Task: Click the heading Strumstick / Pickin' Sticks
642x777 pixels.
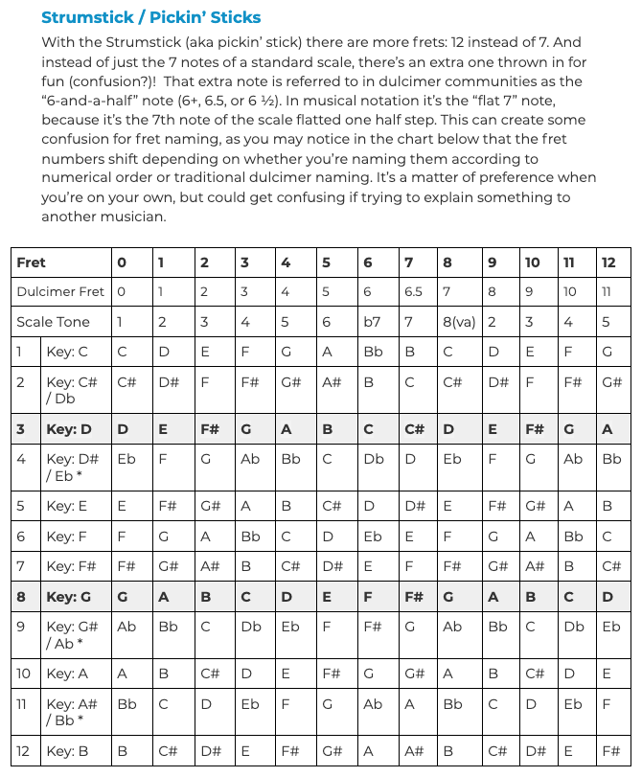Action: click(x=151, y=17)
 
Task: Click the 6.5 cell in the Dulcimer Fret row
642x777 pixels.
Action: click(x=414, y=291)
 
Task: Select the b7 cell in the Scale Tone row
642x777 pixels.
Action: click(x=372, y=322)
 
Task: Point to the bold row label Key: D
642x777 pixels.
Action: click(x=68, y=429)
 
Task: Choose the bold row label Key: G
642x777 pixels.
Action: click(x=68, y=597)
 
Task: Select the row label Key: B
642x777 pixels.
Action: click(x=67, y=750)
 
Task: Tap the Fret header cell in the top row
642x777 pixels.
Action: click(x=32, y=262)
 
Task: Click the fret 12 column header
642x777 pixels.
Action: click(x=608, y=262)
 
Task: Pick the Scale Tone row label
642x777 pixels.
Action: click(x=53, y=322)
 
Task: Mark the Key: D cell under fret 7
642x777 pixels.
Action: click(x=414, y=429)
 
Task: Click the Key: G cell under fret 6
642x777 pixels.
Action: click(x=368, y=597)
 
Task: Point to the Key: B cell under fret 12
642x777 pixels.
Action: click(x=610, y=750)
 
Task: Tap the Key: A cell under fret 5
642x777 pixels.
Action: click(x=331, y=674)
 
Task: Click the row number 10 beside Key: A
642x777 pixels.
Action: click(x=24, y=674)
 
